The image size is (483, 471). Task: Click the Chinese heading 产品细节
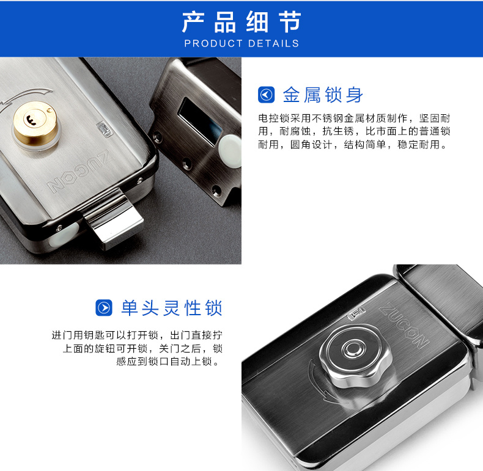tap(241, 22)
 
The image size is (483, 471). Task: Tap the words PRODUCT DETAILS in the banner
tap(242, 43)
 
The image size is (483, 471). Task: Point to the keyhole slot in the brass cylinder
tap(31, 120)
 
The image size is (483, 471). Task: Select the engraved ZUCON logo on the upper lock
tap(78, 171)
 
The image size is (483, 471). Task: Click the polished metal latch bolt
tap(113, 219)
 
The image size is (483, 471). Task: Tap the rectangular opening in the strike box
tap(200, 121)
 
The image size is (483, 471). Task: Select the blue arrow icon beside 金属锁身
tap(266, 95)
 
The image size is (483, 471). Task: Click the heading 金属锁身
tap(323, 95)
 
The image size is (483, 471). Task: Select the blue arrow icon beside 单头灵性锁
tap(104, 307)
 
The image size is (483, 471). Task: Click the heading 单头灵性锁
tap(172, 307)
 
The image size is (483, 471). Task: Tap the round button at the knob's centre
tap(352, 349)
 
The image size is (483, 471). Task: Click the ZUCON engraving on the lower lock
tap(404, 327)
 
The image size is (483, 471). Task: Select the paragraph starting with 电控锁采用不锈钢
tap(354, 131)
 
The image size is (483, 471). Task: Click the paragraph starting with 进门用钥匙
tap(137, 348)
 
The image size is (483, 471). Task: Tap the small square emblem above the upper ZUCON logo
tap(105, 129)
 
